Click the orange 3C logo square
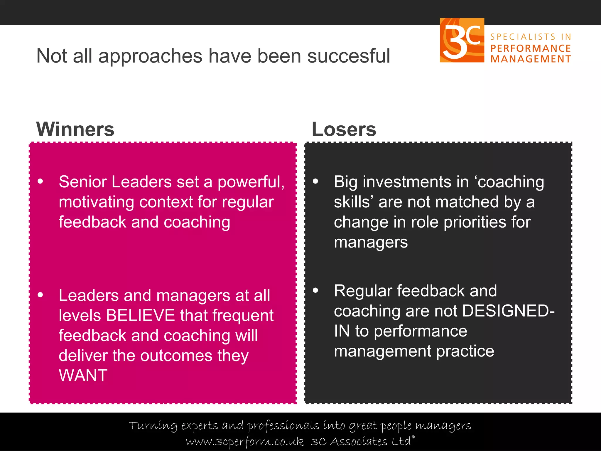[x=462, y=40]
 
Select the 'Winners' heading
[x=75, y=129]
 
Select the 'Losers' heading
[x=344, y=129]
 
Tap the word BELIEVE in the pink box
[x=141, y=315]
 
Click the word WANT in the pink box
[x=83, y=376]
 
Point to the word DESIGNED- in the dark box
[x=508, y=311]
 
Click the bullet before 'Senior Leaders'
[x=40, y=181]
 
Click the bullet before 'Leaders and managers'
[x=40, y=295]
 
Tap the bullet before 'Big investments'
[x=315, y=181]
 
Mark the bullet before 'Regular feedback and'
[x=315, y=290]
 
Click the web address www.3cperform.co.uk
[x=245, y=442]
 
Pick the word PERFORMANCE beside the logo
[x=531, y=48]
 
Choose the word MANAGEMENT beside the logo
[x=531, y=59]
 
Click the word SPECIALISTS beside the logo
[x=523, y=37]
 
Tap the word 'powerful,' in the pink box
[x=251, y=182]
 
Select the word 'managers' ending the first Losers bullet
[x=371, y=243]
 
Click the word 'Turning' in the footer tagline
[x=153, y=426]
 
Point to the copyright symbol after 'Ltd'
[x=413, y=437]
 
